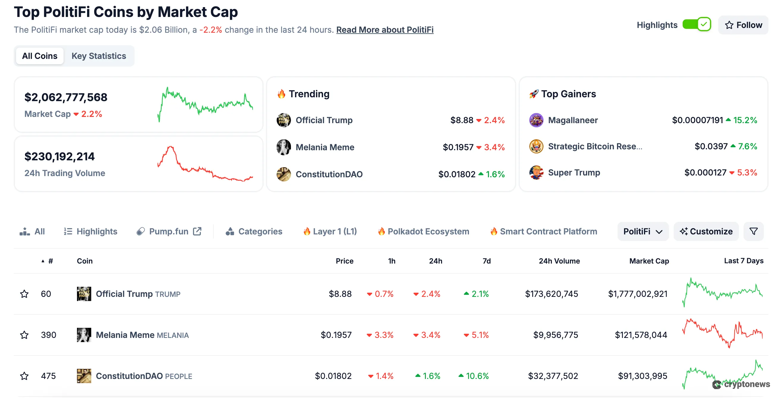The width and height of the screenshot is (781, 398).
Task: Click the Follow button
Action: [x=743, y=25]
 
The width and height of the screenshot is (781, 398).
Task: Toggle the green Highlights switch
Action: [x=696, y=24]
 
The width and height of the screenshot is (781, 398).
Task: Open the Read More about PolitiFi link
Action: [x=385, y=30]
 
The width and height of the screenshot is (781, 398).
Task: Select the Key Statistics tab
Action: [x=99, y=56]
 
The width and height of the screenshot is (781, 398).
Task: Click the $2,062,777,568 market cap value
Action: [x=66, y=97]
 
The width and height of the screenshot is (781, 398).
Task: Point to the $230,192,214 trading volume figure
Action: [x=59, y=156]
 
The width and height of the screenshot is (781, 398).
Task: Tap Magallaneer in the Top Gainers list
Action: [x=573, y=120]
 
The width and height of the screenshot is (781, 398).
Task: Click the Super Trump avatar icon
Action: [x=536, y=173]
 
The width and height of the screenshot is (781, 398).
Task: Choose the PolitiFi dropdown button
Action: [x=643, y=231]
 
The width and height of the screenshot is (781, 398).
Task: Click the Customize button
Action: [x=706, y=231]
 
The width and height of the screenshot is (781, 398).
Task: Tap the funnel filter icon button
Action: [x=753, y=231]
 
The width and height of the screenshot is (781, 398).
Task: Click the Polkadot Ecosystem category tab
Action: [x=428, y=231]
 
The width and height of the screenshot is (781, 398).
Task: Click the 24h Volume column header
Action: [x=559, y=261]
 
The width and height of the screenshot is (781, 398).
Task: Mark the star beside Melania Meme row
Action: [x=24, y=335]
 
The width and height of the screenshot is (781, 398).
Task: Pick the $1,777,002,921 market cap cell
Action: [x=637, y=294]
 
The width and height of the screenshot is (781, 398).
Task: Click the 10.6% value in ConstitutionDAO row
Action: [x=477, y=376]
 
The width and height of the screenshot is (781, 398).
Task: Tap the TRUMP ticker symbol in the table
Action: [x=168, y=294]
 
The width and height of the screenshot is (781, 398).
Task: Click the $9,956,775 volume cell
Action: [x=555, y=335]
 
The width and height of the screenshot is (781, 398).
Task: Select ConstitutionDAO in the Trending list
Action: [x=329, y=174]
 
